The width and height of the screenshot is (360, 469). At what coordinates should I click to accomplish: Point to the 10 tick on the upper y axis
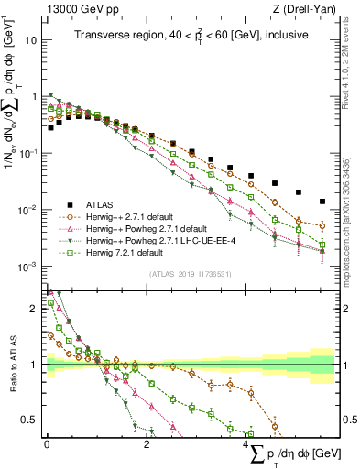pos(30,41)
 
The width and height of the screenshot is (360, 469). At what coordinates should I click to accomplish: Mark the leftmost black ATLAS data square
pos(50,128)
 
